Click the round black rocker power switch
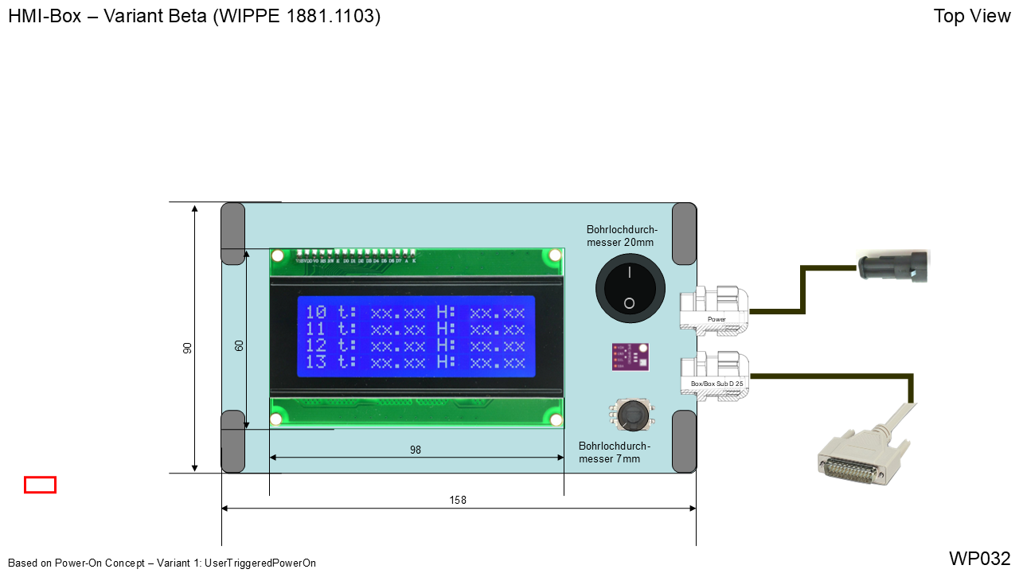coord(630,288)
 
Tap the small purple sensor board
coord(630,357)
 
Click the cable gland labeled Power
coord(713,310)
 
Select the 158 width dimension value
coord(458,500)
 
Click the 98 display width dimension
coord(416,450)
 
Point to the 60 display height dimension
coord(239,345)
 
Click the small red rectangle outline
coord(40,485)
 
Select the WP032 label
coord(979,558)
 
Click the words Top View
coord(971,16)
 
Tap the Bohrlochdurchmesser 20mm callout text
coord(622,236)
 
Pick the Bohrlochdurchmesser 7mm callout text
coord(614,452)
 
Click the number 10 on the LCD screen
coord(316,312)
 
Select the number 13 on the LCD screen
coord(316,362)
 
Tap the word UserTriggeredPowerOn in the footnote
coord(260,563)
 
